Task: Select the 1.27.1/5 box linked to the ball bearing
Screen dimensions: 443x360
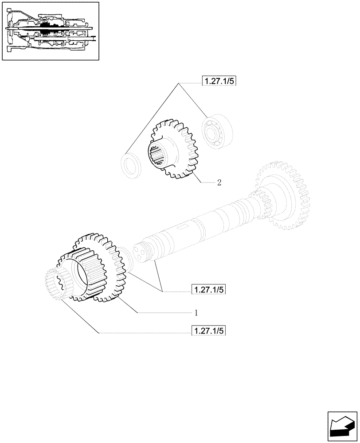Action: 219,81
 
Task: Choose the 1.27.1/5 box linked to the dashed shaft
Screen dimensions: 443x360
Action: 208,290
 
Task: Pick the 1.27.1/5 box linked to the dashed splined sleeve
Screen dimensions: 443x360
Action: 208,331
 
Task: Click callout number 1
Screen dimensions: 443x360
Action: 195,313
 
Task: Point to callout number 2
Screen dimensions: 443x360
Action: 219,182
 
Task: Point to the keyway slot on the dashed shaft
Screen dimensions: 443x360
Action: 180,229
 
